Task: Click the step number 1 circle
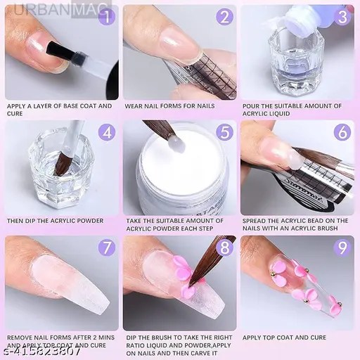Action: [105, 17]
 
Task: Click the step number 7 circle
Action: [105, 247]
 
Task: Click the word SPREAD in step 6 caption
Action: [258, 221]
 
